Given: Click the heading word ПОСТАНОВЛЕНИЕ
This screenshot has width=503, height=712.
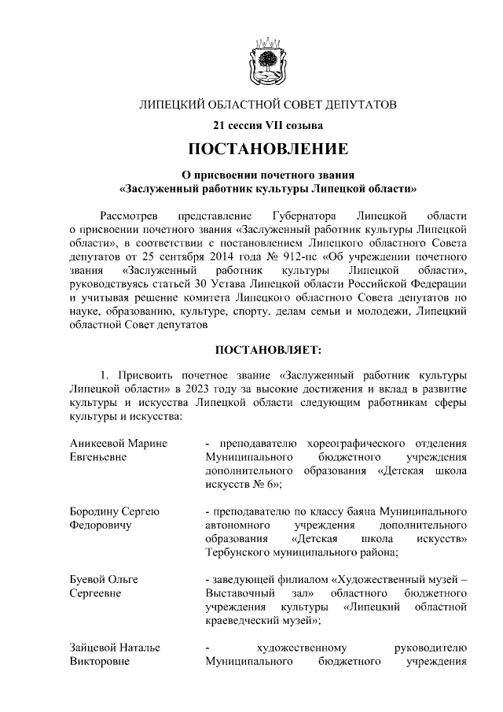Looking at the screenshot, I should pyautogui.click(x=267, y=148).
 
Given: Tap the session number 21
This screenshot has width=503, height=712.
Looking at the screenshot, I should pyautogui.click(x=219, y=124).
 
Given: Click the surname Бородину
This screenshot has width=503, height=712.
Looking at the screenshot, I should pyautogui.click(x=97, y=511).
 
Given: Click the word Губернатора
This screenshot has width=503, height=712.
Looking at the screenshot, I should pyautogui.click(x=303, y=215).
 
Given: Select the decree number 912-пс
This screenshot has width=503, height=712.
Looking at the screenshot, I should pyautogui.click(x=311, y=257).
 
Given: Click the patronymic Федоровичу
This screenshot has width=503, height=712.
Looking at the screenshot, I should pyautogui.click(x=100, y=525).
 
